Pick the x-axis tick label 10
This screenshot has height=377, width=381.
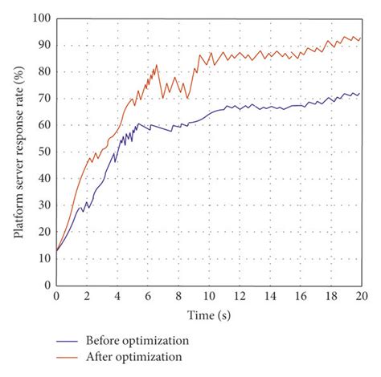point(209,296)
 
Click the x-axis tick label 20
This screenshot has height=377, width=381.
point(361,296)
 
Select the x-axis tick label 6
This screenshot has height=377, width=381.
point(148,296)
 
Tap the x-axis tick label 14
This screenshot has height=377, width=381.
point(270,296)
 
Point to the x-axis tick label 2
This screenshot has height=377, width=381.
point(87,296)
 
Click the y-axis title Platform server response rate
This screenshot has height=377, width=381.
point(18,151)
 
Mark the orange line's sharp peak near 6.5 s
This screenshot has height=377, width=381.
point(157,66)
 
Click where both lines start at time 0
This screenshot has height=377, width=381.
point(56,250)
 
